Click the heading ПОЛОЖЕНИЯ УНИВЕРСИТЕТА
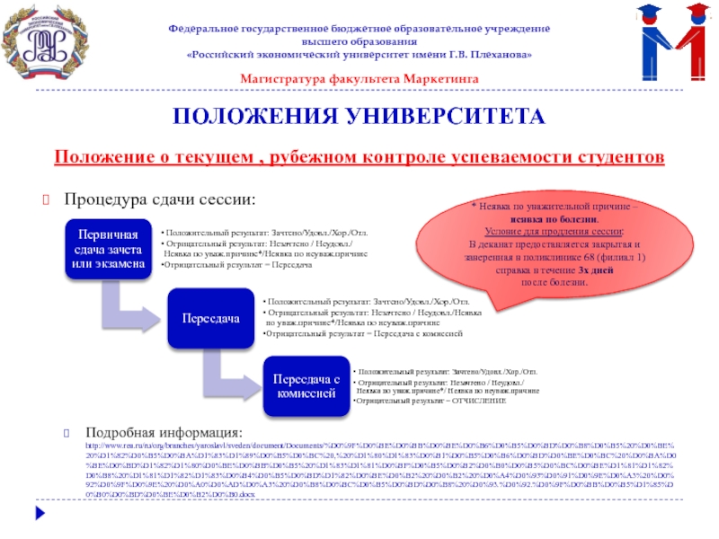coord(359,118)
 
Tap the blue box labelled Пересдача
coord(210,318)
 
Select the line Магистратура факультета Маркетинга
coord(359,79)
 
